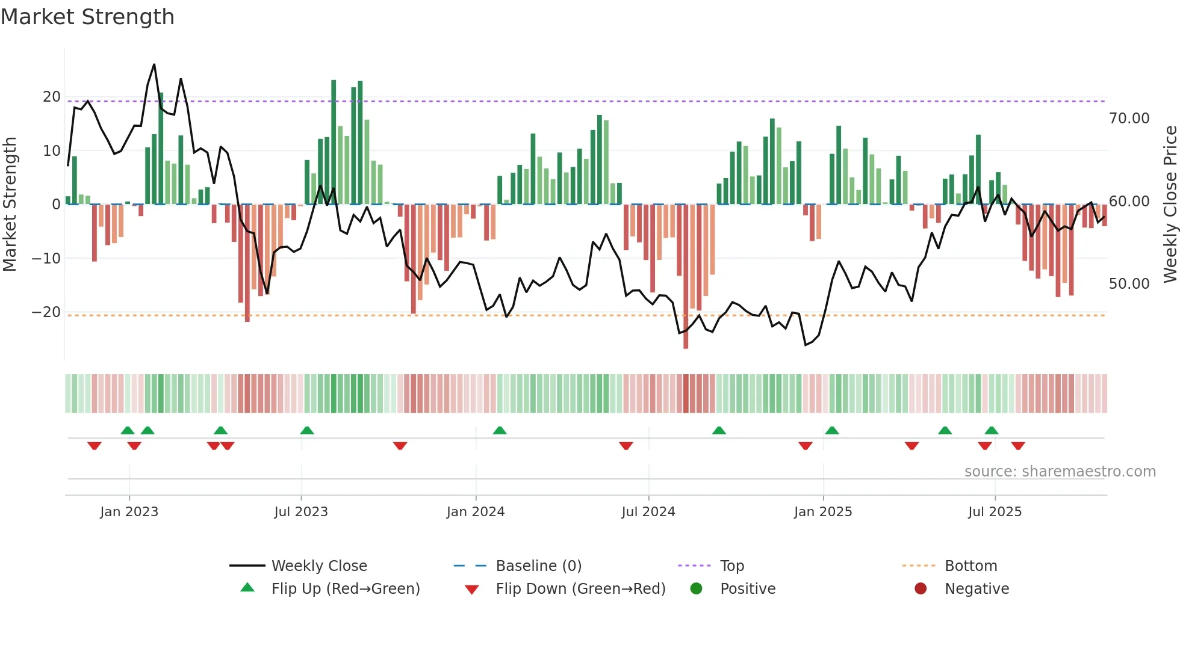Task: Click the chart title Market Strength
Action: pyautogui.click(x=87, y=17)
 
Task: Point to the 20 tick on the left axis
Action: pyautogui.click(x=52, y=97)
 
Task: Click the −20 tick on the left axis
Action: pyautogui.click(x=46, y=312)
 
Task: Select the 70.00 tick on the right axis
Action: pyautogui.click(x=1129, y=119)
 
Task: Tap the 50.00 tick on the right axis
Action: pyautogui.click(x=1129, y=284)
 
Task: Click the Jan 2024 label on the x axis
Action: pyautogui.click(x=475, y=512)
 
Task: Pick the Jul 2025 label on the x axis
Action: pyautogui.click(x=995, y=512)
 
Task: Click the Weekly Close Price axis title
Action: pyautogui.click(x=1170, y=205)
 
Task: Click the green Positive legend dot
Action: pyautogui.click(x=697, y=589)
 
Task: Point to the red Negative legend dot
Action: pyautogui.click(x=921, y=589)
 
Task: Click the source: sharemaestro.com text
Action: pyautogui.click(x=1060, y=472)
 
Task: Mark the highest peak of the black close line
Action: pyautogui.click(x=154, y=65)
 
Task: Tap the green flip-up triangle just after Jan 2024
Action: pyautogui.click(x=500, y=430)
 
